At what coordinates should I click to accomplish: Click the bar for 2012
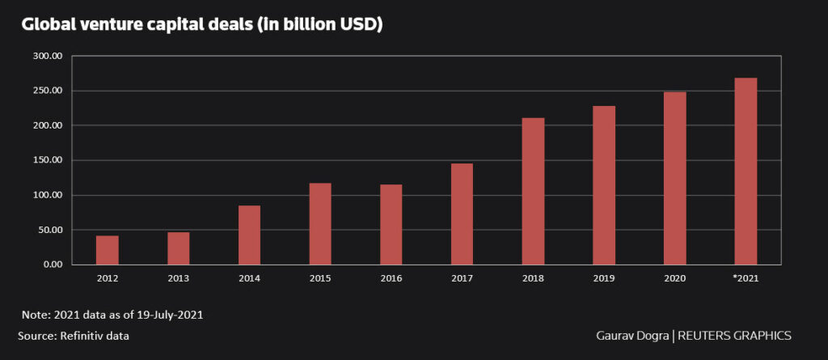pos(107,250)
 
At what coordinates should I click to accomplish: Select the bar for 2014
pos(249,235)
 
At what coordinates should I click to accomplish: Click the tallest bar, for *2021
pos(746,171)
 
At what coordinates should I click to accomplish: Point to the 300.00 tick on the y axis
pos(47,57)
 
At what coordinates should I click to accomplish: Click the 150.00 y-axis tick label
pos(47,160)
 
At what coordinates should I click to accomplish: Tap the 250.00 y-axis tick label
pos(47,91)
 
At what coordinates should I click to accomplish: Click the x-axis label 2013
pos(178,278)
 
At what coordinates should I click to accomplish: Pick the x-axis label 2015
pos(320,278)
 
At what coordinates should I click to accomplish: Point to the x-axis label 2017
pos(462,278)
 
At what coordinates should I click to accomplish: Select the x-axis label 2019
pos(604,278)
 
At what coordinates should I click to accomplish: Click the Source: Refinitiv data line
pos(74,335)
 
